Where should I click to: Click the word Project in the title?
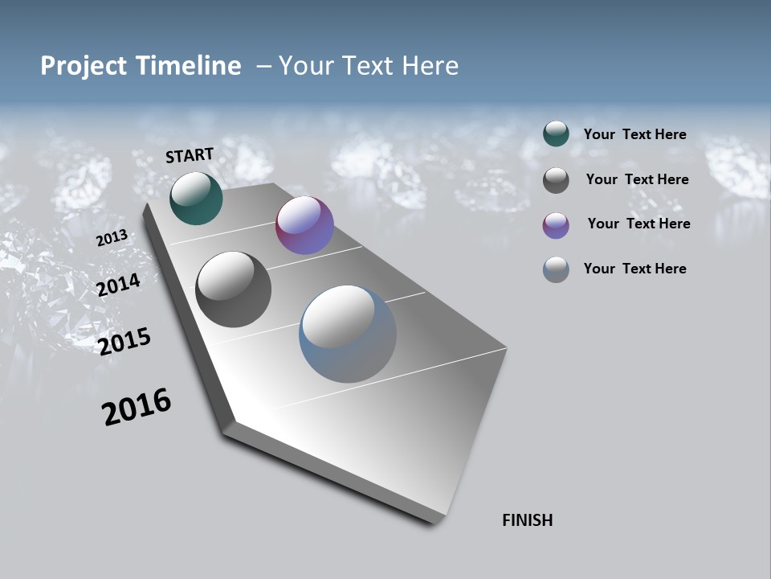(84, 66)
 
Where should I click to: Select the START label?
(190, 154)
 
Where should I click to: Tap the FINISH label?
(527, 520)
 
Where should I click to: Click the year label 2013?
(112, 238)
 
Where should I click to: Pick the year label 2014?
(119, 285)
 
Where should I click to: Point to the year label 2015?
(124, 341)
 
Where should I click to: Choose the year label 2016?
(137, 407)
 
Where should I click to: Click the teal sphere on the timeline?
(196, 198)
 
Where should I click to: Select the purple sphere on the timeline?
(304, 225)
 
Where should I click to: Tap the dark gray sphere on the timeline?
(234, 289)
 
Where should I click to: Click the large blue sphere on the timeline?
(348, 334)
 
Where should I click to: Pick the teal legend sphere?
(556, 133)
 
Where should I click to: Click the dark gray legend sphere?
(556, 180)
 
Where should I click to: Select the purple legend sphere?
(556, 225)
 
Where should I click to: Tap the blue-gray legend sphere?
(556, 269)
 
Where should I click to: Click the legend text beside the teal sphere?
(634, 134)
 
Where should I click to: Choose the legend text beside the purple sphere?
(638, 224)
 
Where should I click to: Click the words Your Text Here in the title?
(369, 66)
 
